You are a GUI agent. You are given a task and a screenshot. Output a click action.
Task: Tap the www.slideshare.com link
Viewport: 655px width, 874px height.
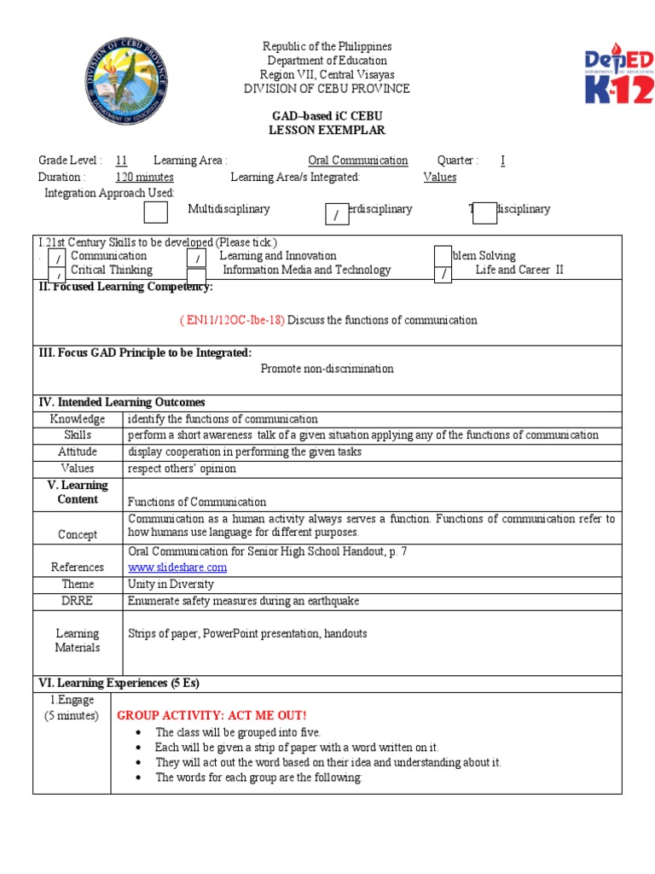click(177, 567)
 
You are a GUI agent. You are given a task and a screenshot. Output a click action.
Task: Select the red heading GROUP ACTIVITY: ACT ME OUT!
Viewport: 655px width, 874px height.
click(212, 714)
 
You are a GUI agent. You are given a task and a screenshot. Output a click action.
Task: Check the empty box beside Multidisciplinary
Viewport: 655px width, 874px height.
click(156, 212)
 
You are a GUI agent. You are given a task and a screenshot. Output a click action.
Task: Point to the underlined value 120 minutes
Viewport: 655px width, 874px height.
click(144, 177)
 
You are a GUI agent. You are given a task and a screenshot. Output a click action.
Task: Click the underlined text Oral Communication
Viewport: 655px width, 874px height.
click(357, 160)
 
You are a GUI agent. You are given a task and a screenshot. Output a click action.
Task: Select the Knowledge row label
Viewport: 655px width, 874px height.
click(78, 419)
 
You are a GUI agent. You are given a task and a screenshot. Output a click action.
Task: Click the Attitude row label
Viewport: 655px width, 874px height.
click(78, 452)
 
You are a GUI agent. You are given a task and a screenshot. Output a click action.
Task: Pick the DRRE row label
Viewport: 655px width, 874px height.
click(78, 601)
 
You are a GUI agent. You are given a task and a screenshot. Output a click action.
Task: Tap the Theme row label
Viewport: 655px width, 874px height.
click(78, 584)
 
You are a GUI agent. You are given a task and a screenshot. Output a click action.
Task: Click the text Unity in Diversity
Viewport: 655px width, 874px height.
click(171, 584)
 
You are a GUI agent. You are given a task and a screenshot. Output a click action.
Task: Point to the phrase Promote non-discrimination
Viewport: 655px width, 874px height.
click(327, 369)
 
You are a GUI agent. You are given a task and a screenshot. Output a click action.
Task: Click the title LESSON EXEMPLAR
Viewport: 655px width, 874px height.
click(327, 131)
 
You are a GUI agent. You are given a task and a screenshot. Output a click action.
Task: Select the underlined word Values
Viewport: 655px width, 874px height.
click(439, 177)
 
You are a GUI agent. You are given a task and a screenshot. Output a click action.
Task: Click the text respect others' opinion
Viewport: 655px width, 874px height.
click(182, 469)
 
